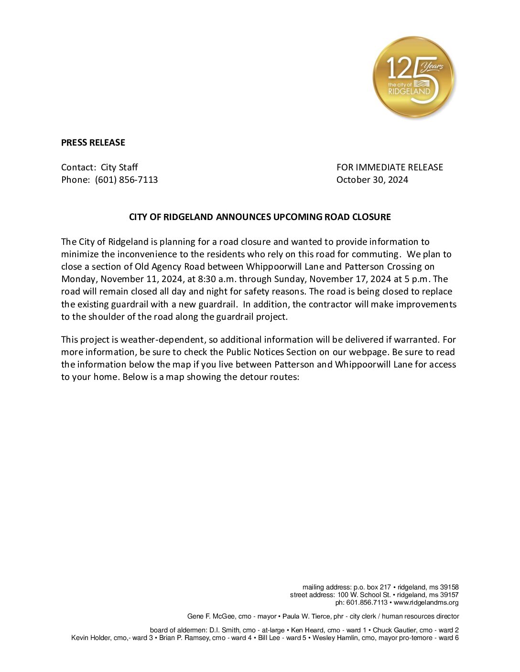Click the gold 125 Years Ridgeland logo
413,77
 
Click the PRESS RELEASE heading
93,142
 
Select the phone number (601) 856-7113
126,179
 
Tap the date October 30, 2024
372,179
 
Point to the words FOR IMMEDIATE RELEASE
390,167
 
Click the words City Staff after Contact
119,167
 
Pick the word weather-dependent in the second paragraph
163,339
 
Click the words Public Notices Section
271,352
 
